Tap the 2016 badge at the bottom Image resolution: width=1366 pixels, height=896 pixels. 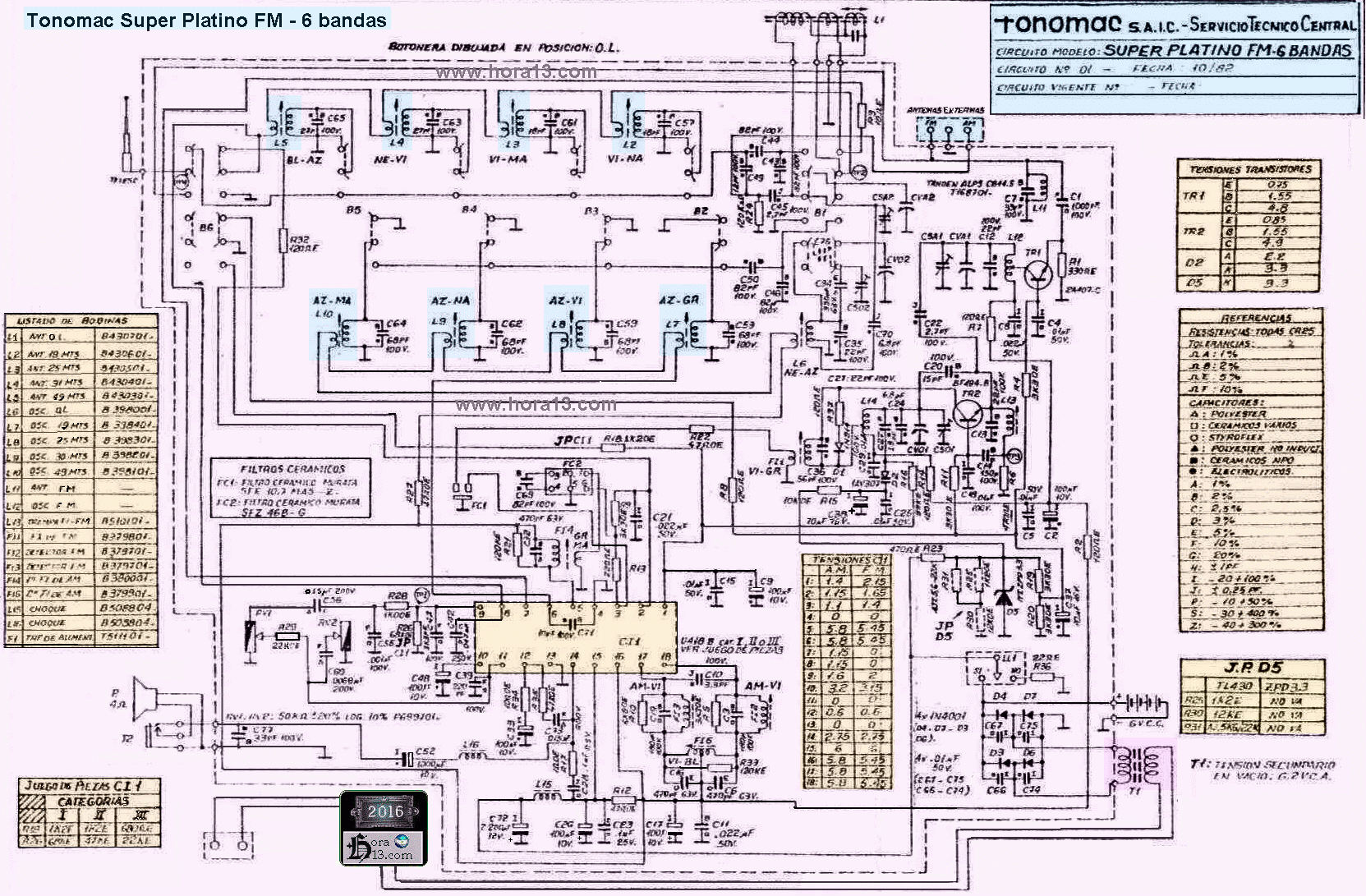point(384,811)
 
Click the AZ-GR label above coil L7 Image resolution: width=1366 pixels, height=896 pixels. point(681,301)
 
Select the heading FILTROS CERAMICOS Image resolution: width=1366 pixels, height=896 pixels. point(293,468)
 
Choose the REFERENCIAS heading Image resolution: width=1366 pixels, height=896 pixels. point(1250,318)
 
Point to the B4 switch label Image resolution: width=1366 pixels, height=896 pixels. point(469,209)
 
